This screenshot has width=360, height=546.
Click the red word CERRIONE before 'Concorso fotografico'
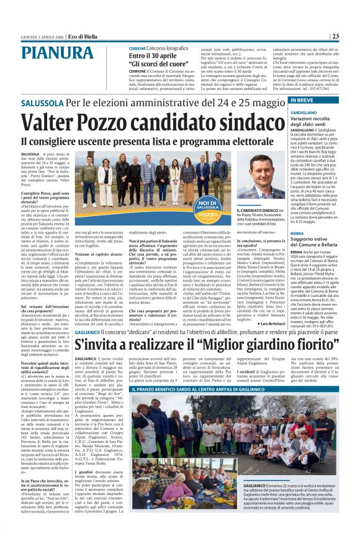point(138,48)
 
